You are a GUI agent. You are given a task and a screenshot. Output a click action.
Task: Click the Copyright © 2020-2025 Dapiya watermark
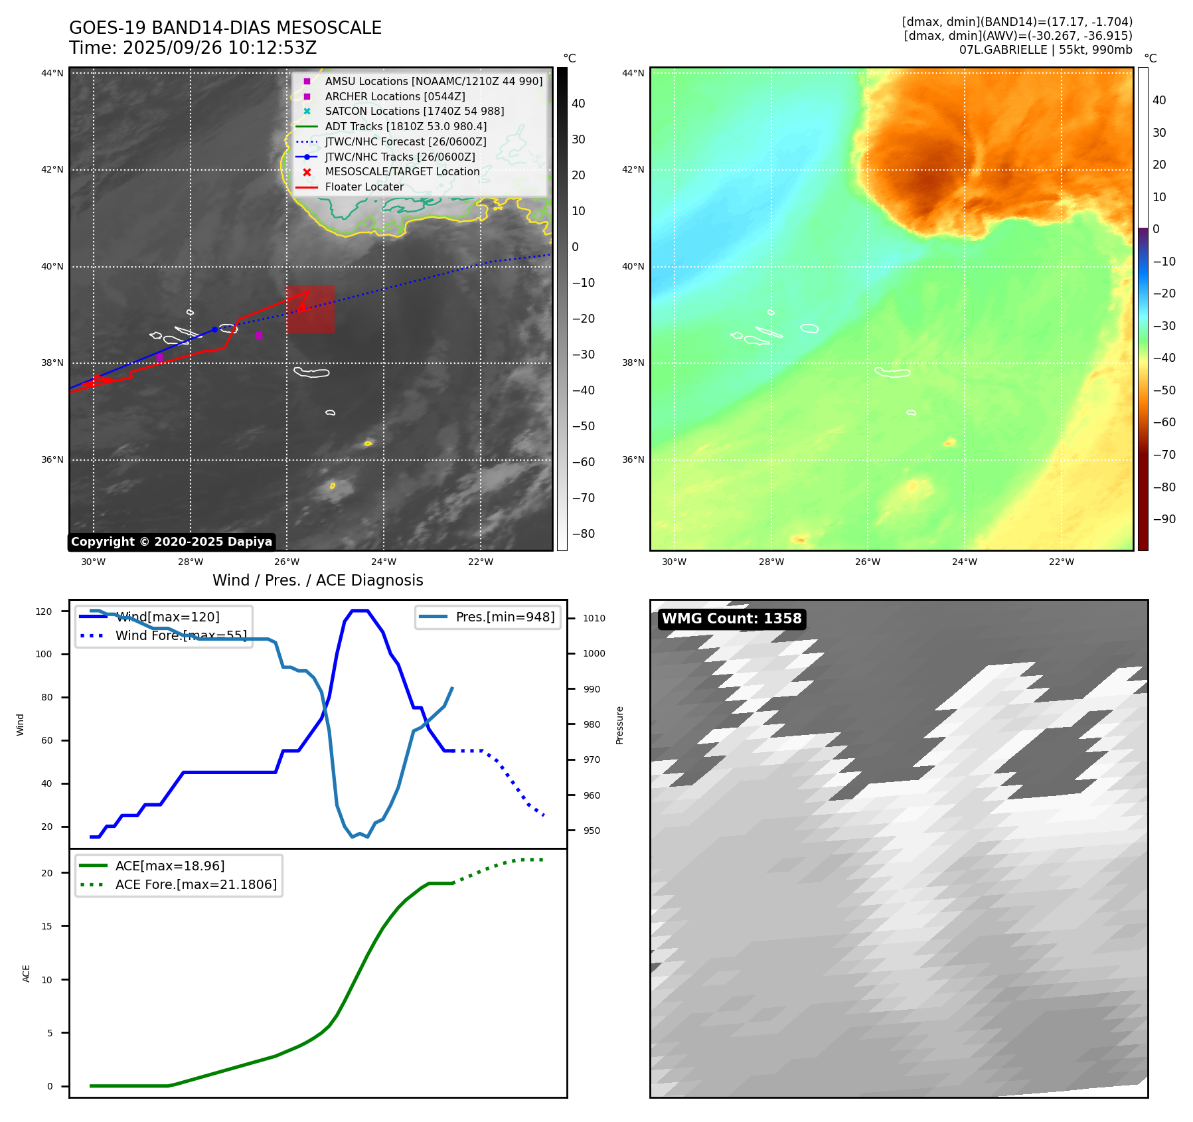(171, 542)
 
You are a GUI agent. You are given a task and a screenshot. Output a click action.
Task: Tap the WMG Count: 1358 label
(732, 619)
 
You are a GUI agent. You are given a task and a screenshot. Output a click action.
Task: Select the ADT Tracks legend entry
(405, 126)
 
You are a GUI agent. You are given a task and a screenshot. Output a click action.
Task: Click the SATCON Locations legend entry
(414, 111)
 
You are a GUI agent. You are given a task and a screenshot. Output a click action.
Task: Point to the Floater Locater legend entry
(364, 187)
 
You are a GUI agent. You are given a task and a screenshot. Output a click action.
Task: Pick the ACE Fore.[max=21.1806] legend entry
(196, 884)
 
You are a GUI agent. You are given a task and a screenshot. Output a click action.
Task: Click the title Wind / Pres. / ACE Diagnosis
(317, 580)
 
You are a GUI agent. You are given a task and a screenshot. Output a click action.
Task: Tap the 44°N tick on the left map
(52, 73)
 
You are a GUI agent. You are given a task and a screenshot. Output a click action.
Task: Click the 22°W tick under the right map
(1061, 562)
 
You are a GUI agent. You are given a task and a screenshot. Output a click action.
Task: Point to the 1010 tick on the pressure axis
(594, 618)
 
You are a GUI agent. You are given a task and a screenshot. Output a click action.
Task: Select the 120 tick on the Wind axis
(44, 611)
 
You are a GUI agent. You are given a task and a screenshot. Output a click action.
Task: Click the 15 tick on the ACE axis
(46, 926)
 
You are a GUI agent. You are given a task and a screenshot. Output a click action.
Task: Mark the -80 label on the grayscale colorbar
(584, 534)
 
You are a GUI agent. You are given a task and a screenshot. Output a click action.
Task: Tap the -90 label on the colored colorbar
(1164, 519)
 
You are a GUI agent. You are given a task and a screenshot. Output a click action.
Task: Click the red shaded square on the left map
(311, 309)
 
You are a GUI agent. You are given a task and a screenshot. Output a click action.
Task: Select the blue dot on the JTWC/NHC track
(214, 329)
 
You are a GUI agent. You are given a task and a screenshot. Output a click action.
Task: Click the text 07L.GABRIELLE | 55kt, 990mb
(1046, 50)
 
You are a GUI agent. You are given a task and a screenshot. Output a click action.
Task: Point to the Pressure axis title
(619, 725)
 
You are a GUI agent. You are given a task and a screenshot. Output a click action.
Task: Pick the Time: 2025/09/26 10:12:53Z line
(193, 48)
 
